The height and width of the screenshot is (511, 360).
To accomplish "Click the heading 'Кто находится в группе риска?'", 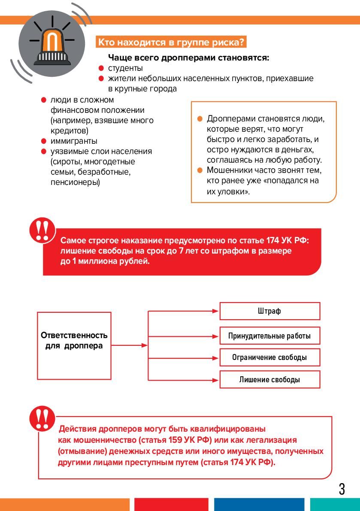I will [171, 42].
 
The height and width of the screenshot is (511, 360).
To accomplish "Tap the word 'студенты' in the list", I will [125, 68].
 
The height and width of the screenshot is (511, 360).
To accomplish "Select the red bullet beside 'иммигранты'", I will [43, 141].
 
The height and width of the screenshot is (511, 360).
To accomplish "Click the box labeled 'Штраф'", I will [269, 311].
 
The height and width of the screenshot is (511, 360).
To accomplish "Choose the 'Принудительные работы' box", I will [269, 336].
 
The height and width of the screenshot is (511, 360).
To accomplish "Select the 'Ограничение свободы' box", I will [269, 357].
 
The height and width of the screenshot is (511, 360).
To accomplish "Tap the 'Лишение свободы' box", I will [269, 380].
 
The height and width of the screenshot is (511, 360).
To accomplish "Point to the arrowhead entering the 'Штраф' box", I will [217, 311].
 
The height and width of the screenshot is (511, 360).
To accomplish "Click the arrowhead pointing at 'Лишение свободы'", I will [217, 380].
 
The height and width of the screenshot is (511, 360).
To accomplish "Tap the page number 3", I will [342, 489].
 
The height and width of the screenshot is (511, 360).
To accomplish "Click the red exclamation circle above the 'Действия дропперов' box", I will [42, 418].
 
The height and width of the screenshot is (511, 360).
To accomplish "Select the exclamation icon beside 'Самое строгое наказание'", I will [42, 230].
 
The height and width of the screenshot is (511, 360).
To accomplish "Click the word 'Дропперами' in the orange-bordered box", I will [227, 119].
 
